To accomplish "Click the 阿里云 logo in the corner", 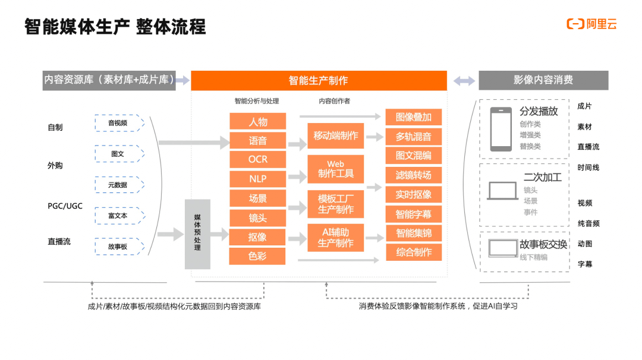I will point(591,24).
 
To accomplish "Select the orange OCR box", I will point(258,159).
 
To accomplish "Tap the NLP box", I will point(258,178).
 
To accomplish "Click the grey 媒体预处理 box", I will point(197,234).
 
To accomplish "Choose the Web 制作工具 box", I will point(336,169).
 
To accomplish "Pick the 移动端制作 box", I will point(336,136).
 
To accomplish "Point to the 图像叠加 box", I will point(414,116).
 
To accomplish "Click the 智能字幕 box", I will point(414,213).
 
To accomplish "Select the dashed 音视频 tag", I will point(119,123).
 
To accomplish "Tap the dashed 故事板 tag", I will point(119,246).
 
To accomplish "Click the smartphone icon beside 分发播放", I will point(501,129).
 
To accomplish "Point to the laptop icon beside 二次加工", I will point(503,191).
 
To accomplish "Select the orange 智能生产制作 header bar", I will point(319,80).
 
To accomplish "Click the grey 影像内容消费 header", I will point(543,80).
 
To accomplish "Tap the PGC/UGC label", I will point(65,206).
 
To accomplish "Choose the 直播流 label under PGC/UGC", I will point(59,242).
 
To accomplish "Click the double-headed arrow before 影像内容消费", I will point(464,81).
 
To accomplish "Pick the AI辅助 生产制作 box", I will point(336,237).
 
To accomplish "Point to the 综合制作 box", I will point(414,252).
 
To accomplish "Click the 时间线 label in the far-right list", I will point(588,168).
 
